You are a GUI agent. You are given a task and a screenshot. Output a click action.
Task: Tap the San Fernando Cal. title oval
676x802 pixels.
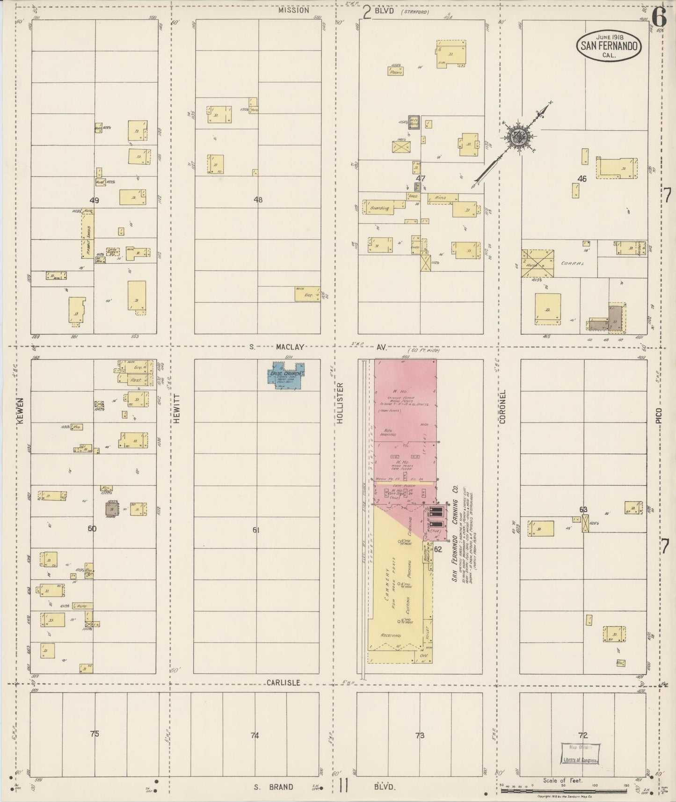click(609, 46)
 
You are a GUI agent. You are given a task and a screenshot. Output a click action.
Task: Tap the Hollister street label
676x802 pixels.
click(340, 403)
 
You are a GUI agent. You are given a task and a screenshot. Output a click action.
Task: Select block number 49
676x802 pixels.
click(94, 200)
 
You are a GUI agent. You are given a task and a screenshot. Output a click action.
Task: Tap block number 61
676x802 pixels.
click(256, 530)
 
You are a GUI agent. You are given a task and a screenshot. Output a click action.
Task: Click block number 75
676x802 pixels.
click(94, 734)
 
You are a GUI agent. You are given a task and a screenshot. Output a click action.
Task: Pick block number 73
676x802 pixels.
click(420, 736)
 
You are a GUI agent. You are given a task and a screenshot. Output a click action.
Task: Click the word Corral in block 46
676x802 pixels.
click(573, 263)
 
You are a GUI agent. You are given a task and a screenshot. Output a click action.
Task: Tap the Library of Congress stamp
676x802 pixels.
click(581, 754)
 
